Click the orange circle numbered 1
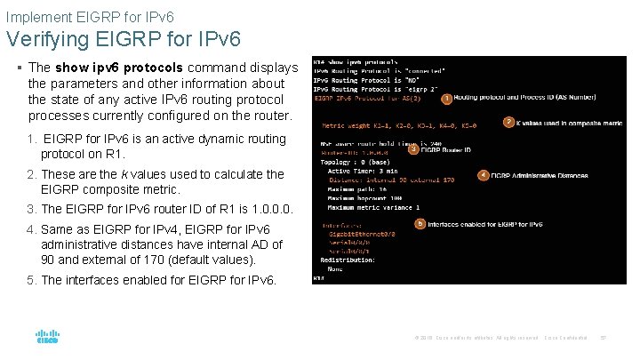click(446, 99)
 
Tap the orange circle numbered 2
click(508, 122)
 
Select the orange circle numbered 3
click(413, 149)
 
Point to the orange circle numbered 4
click(484, 175)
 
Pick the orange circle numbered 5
click(420, 224)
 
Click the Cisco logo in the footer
click(47, 338)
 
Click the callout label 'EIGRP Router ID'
click(446, 150)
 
